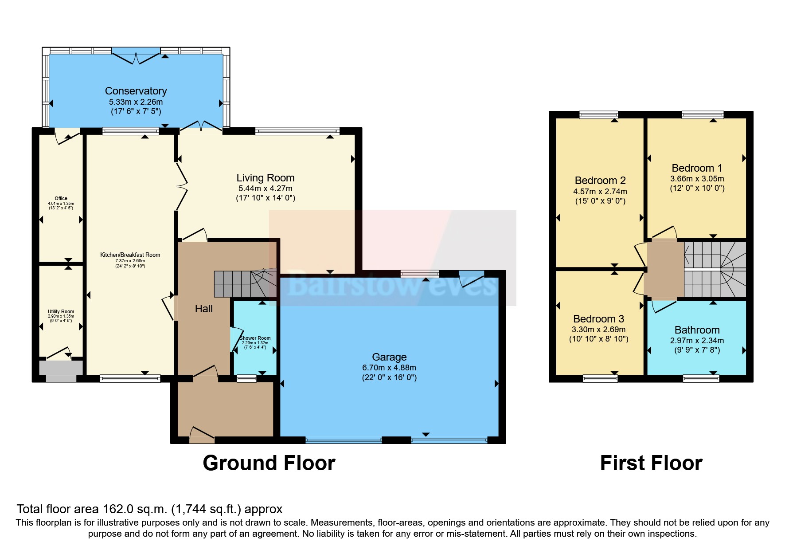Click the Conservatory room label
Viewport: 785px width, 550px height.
coord(136,91)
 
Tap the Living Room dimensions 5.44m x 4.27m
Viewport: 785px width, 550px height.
coord(265,189)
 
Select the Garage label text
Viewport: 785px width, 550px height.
coord(389,357)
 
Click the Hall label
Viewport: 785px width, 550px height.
coord(203,309)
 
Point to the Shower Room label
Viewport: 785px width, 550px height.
coord(255,338)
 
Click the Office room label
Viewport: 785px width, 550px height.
coord(61,198)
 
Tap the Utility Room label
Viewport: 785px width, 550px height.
coord(61,311)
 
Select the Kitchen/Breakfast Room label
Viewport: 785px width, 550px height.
coord(130,255)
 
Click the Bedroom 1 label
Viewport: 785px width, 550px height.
coord(697,168)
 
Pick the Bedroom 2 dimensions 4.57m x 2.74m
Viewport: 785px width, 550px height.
coord(600,192)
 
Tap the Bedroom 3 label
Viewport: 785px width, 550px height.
coord(598,319)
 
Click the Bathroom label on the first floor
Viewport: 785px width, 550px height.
coord(697,330)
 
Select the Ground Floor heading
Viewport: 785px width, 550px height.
coord(269,463)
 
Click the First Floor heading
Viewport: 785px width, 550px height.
coord(651,463)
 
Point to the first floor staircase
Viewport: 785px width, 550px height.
coord(715,269)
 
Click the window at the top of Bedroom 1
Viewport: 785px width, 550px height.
coord(703,115)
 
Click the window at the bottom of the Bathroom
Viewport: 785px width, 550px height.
coord(701,378)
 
